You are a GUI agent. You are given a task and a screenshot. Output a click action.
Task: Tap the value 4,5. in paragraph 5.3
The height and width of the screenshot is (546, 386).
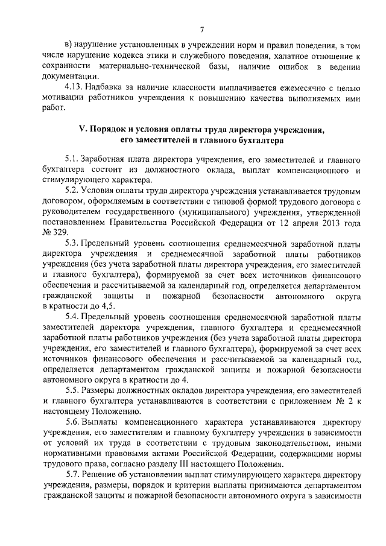click(107, 307)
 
